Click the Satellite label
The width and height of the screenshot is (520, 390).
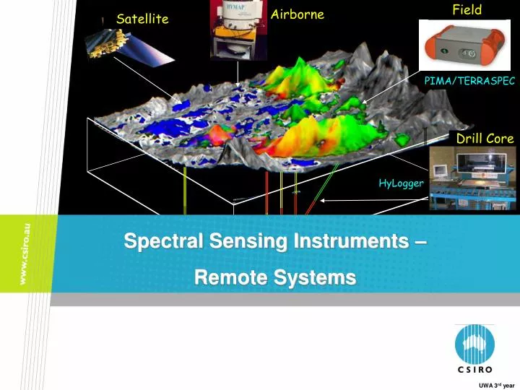point(142,19)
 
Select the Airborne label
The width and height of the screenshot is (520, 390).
point(297,14)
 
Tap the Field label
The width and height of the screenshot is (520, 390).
point(467,9)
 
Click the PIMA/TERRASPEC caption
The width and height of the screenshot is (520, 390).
point(469,82)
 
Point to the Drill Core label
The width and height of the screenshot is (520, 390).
point(485,138)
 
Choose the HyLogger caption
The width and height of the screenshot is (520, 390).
point(401,183)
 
